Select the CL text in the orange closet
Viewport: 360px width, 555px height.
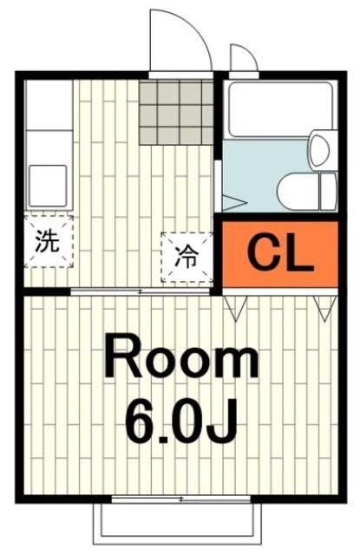tap(280, 253)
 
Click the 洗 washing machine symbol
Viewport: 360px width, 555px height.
tap(48, 240)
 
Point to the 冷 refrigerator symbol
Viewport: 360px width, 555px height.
tap(186, 257)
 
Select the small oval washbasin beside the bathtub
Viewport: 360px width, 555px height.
tap(319, 148)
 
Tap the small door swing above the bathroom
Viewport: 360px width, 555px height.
tap(242, 58)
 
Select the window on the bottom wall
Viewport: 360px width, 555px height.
tap(180, 500)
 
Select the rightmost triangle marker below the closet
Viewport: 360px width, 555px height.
tap(325, 306)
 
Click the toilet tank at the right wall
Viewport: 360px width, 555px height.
tap(327, 190)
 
